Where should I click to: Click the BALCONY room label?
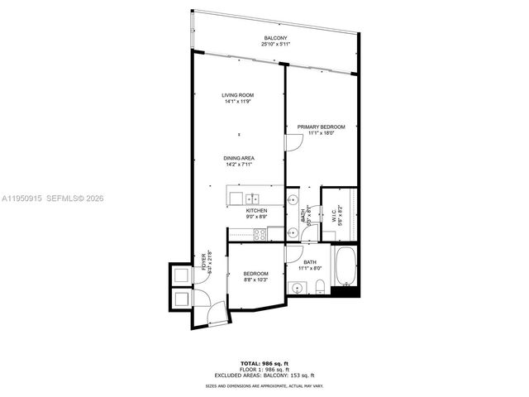pyautogui.click(x=275, y=39)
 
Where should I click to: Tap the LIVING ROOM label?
pyautogui.click(x=239, y=96)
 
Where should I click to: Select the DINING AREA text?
pyautogui.click(x=239, y=158)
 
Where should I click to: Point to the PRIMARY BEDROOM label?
pyautogui.click(x=321, y=127)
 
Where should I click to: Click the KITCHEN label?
pyautogui.click(x=256, y=211)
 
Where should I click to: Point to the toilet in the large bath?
pyautogui.click(x=318, y=287)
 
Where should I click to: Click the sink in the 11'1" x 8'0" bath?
pyautogui.click(x=297, y=288)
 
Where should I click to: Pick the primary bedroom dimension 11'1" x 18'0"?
pyautogui.click(x=321, y=133)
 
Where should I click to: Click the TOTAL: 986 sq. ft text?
pyautogui.click(x=264, y=363)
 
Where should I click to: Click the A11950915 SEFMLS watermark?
pyautogui.click(x=54, y=198)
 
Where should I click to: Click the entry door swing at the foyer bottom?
pyautogui.click(x=217, y=312)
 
